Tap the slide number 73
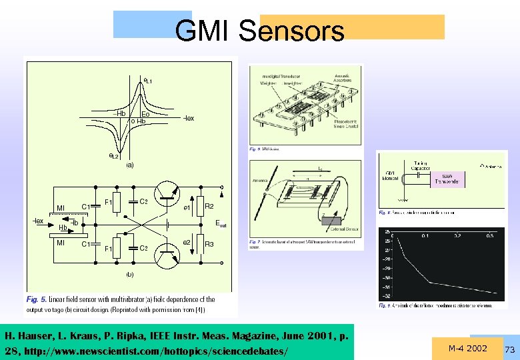pyautogui.click(x=510, y=350)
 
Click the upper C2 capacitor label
pyautogui.click(x=143, y=201)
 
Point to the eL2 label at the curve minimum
pyautogui.click(x=115, y=156)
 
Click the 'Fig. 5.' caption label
pyautogui.click(x=37, y=299)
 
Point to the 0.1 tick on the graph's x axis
pyautogui.click(x=425, y=236)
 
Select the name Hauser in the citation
pyautogui.click(x=34, y=335)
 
